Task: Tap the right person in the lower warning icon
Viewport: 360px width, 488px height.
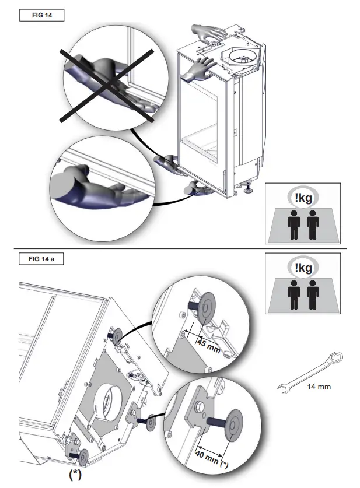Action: pos(312,297)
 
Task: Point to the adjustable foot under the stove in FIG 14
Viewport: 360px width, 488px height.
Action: pos(249,188)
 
